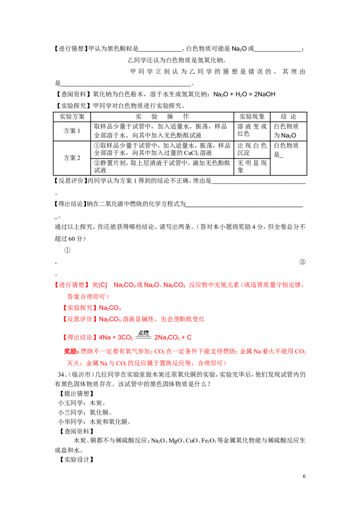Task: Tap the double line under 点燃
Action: point(144,338)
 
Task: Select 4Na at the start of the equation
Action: point(103,337)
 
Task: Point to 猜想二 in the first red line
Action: point(99,285)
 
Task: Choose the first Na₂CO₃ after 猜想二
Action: point(122,285)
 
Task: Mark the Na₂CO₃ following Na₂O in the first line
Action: point(173,285)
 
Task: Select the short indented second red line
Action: point(87,297)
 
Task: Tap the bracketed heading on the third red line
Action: point(80,308)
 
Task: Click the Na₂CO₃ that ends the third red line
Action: point(110,308)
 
